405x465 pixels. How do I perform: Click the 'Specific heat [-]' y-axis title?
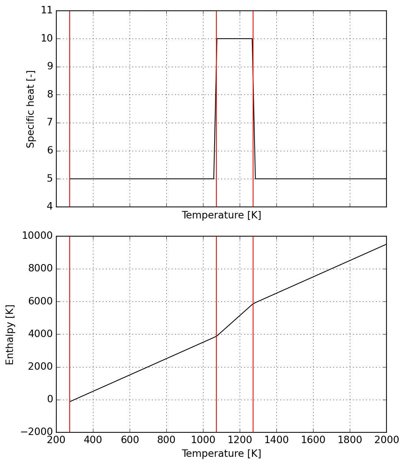pyautogui.click(x=31, y=109)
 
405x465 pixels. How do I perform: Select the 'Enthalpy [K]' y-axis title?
pyautogui.click(x=10, y=334)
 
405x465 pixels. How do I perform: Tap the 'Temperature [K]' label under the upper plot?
pyautogui.click(x=221, y=215)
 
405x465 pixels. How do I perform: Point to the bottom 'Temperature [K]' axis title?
pyautogui.click(x=221, y=454)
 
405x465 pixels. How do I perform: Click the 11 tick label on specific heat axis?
pyautogui.click(x=47, y=10)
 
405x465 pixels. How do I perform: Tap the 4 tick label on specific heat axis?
pyautogui.click(x=49, y=207)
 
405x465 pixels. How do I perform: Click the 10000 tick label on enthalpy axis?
pyautogui.click(x=37, y=236)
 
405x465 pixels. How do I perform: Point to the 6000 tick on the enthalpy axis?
pyautogui.click(x=40, y=301)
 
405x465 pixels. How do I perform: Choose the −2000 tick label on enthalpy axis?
pyautogui.click(x=37, y=432)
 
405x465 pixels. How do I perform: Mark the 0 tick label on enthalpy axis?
pyautogui.click(x=50, y=399)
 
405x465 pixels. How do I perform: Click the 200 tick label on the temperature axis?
pyautogui.click(x=56, y=440)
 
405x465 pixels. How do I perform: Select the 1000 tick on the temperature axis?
pyautogui.click(x=203, y=440)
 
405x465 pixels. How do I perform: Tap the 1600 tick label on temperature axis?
pyautogui.click(x=313, y=440)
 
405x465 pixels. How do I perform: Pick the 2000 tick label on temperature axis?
pyautogui.click(x=386, y=440)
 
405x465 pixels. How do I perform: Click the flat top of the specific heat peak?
pyautogui.click(x=235, y=39)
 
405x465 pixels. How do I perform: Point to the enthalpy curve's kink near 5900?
pyautogui.click(x=253, y=303)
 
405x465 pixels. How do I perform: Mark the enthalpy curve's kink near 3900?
pyautogui.click(x=216, y=336)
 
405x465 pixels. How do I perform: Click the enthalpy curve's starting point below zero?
pyautogui.click(x=70, y=402)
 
